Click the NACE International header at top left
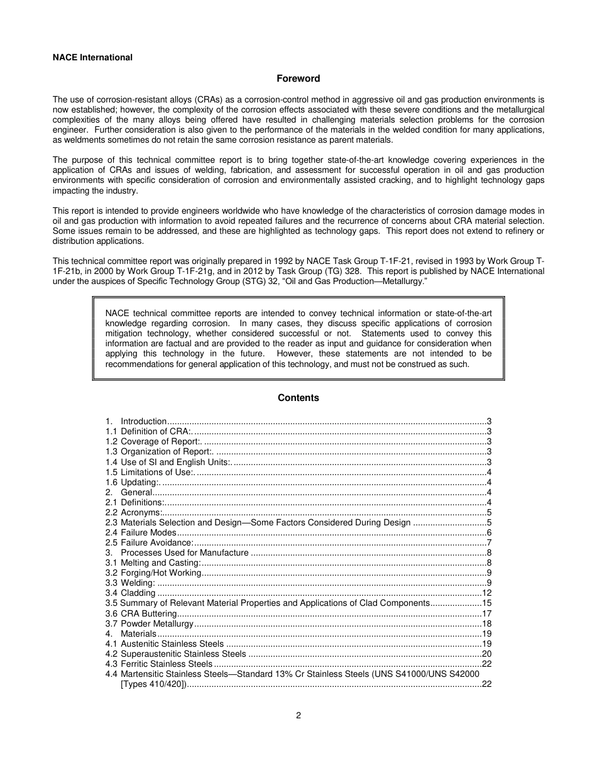point(92,57)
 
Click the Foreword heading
point(298,79)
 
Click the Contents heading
point(298,398)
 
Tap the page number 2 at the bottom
point(298,715)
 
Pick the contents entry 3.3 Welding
point(129,583)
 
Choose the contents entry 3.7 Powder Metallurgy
point(150,623)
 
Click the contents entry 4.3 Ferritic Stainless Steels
point(159,664)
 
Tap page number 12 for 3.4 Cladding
point(486,593)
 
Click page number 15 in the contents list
point(486,603)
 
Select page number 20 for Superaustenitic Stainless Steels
point(486,654)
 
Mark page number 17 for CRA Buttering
point(486,613)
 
